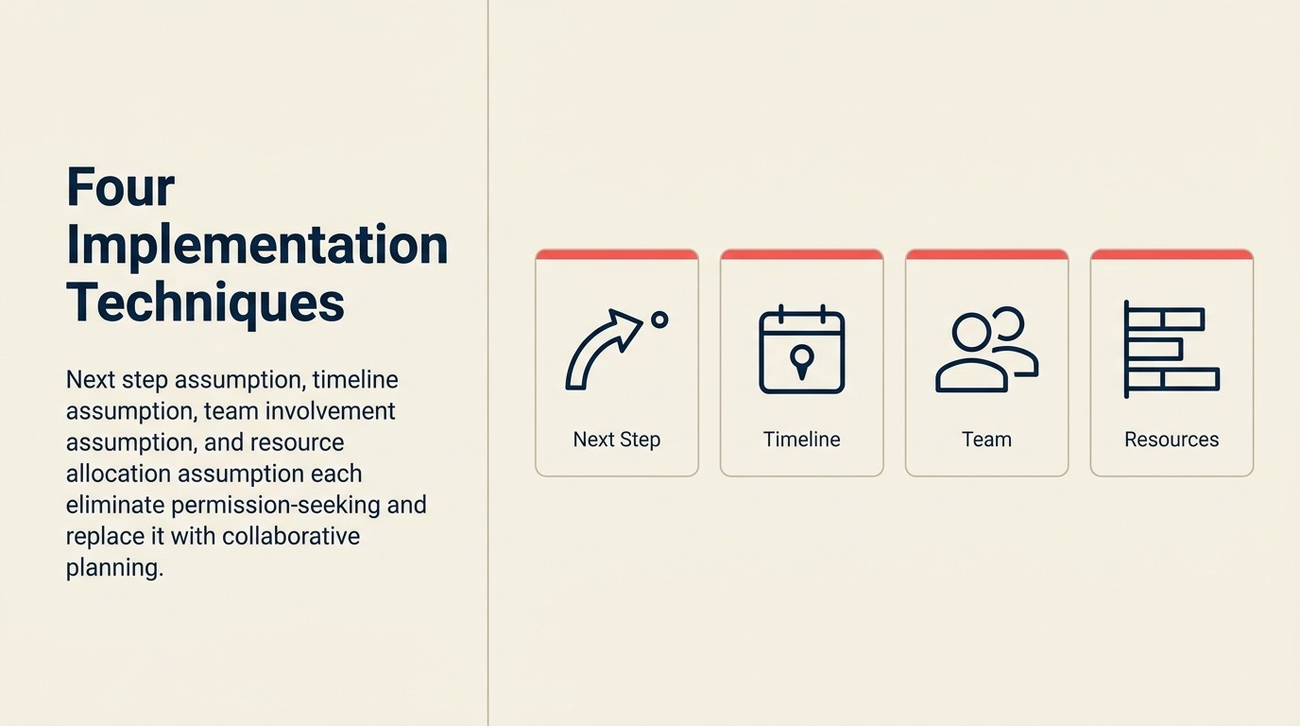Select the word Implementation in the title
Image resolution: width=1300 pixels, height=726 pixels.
click(x=257, y=245)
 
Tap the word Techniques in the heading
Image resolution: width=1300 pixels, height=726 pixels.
click(x=205, y=302)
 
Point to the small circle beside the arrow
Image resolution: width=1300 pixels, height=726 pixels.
click(x=659, y=320)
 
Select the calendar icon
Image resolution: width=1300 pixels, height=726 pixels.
click(x=802, y=350)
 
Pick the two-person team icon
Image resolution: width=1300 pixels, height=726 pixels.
click(x=986, y=350)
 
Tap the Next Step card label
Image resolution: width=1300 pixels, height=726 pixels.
click(x=617, y=440)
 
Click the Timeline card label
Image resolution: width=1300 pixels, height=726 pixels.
click(x=802, y=440)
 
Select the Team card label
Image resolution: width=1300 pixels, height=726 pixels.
click(x=986, y=440)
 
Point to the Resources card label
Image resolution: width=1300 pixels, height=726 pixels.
click(x=1172, y=440)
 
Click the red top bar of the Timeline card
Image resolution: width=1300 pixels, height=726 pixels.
click(x=802, y=254)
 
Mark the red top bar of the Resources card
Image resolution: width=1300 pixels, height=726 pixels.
click(x=1172, y=254)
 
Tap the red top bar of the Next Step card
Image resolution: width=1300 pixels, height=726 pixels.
click(x=617, y=254)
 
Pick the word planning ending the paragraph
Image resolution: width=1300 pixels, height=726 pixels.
click(x=114, y=568)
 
